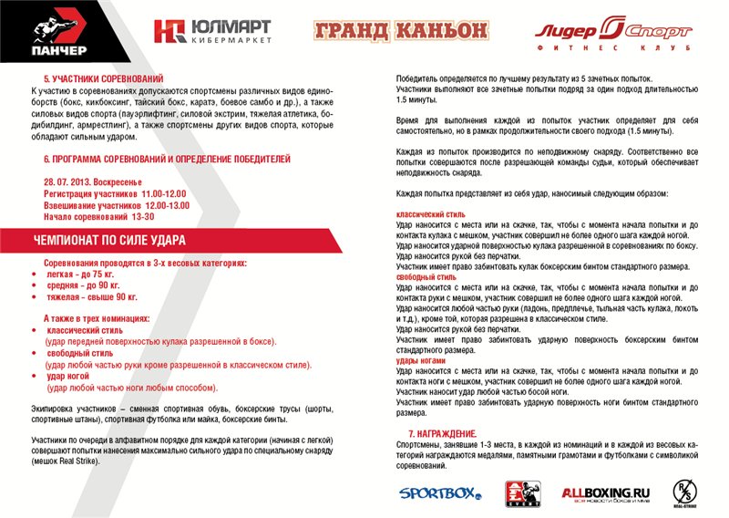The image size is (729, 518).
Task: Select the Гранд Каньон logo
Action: (400, 31)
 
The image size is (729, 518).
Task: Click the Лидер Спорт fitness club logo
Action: (612, 33)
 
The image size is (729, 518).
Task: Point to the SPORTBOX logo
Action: (439, 493)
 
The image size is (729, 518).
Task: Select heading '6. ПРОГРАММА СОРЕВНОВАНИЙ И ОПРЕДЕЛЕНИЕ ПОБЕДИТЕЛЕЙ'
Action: (167, 159)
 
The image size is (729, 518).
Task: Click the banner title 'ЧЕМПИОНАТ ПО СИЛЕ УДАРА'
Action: (109, 241)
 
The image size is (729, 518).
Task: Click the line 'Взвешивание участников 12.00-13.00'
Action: (116, 205)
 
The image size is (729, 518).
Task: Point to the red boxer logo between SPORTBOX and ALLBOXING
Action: (522, 493)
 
